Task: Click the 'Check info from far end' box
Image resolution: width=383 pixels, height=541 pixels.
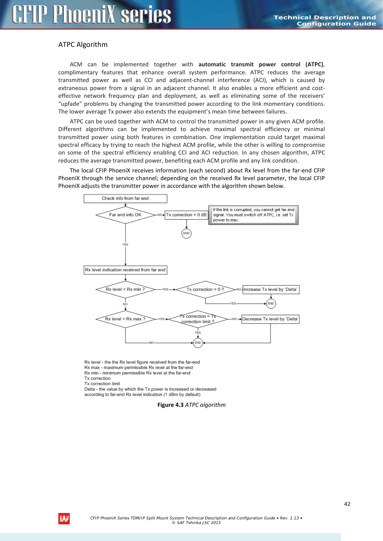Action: tap(125, 198)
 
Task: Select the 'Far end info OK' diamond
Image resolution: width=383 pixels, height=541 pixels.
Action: tap(125, 215)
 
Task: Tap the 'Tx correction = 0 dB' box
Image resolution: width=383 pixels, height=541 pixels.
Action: tap(186, 215)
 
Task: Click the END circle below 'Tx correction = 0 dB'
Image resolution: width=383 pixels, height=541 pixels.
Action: tap(186, 233)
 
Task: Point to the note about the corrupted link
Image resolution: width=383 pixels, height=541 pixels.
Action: tap(253, 215)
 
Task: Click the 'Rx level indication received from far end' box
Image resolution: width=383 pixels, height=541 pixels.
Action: tap(125, 270)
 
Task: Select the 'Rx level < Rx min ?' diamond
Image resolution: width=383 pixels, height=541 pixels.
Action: tap(125, 289)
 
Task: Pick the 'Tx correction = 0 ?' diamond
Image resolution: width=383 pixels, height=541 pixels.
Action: tap(205, 289)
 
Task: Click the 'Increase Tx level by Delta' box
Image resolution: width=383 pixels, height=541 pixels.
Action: tap(271, 289)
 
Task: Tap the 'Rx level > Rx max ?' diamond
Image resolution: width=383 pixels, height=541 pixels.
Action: tap(125, 319)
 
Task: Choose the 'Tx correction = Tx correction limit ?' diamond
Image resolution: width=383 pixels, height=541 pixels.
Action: tap(198, 319)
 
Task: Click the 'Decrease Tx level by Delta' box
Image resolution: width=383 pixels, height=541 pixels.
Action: tap(270, 319)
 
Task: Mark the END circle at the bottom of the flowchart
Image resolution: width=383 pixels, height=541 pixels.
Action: tap(198, 343)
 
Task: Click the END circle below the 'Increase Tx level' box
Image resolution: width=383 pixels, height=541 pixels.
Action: tap(271, 304)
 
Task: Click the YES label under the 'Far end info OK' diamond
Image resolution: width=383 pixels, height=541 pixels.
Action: tap(125, 244)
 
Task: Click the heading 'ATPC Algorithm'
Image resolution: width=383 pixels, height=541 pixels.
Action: tap(83, 45)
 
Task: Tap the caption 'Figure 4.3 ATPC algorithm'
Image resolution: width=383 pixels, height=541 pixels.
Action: tap(191, 405)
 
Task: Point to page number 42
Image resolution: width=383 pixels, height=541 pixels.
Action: tap(347, 504)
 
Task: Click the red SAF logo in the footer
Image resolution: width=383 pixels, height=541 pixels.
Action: tap(64, 518)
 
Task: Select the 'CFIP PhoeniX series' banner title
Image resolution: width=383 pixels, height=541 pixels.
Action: tap(92, 15)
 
